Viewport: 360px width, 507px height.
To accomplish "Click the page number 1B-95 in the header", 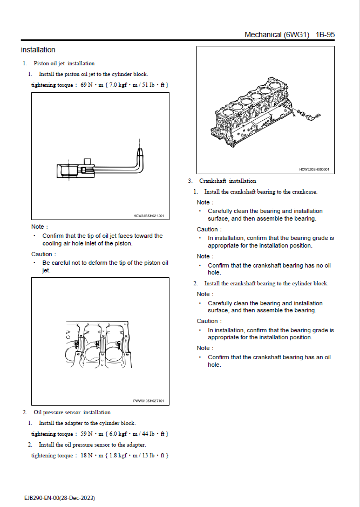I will click(x=325, y=35).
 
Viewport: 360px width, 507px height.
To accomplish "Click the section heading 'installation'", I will click(x=38, y=50).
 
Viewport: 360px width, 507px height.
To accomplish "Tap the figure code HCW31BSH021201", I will click(x=148, y=216).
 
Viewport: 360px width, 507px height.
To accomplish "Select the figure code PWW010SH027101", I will click(x=148, y=401).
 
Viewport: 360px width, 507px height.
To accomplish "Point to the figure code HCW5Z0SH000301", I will click(x=314, y=169).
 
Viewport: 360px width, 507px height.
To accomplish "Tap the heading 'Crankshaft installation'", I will click(x=227, y=181).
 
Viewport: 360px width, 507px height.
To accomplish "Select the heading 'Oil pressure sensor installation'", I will click(x=72, y=413).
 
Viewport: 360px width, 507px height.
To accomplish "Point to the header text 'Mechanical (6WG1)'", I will click(x=276, y=35).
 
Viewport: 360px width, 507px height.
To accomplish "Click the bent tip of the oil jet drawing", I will click(x=140, y=150).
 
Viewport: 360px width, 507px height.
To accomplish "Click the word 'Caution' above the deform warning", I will click(x=43, y=254).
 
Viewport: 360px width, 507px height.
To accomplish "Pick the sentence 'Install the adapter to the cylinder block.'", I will click(x=87, y=423).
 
